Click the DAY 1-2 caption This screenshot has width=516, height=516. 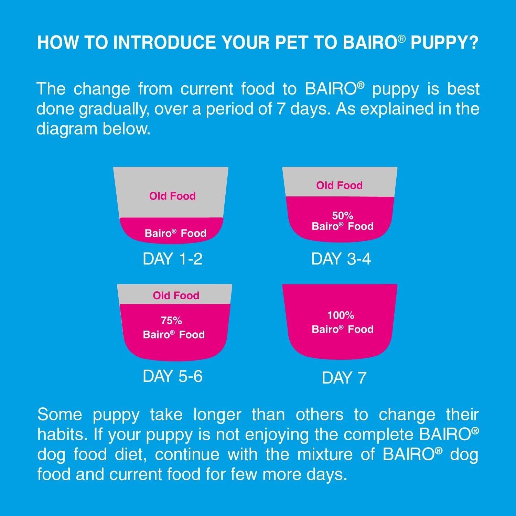pyautogui.click(x=172, y=259)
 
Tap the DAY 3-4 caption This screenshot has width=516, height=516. pyautogui.click(x=341, y=259)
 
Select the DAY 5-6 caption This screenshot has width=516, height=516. pyautogui.click(x=172, y=376)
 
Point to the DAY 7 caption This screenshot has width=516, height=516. pyautogui.click(x=344, y=378)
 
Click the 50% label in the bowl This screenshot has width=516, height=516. pyautogui.click(x=343, y=216)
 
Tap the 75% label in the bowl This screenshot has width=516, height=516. pyautogui.click(x=171, y=321)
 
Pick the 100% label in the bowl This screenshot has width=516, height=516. pyautogui.click(x=341, y=315)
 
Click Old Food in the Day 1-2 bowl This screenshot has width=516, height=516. pyautogui.click(x=172, y=196)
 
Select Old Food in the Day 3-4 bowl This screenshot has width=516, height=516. pyautogui.click(x=340, y=185)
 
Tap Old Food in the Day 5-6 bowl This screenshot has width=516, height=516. pyautogui.click(x=176, y=295)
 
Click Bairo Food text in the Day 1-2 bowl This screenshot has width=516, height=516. pyautogui.click(x=175, y=233)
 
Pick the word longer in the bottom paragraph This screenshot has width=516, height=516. pyautogui.click(x=217, y=415)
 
